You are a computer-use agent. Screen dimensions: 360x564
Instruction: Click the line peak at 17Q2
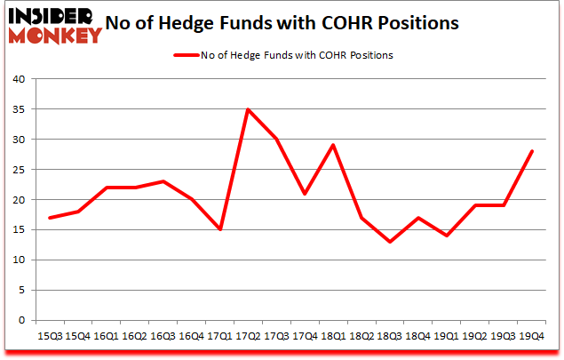[248, 109]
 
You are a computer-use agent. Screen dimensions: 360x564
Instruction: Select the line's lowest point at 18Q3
[390, 242]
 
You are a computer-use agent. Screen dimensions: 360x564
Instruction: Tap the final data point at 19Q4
[532, 151]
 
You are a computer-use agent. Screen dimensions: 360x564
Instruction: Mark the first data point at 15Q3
[49, 218]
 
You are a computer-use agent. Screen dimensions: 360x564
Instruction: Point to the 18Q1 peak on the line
[333, 145]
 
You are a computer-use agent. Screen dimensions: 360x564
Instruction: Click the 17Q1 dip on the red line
[219, 229]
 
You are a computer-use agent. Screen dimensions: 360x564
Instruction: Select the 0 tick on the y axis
[24, 321]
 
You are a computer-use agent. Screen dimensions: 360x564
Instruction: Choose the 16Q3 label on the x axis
[163, 336]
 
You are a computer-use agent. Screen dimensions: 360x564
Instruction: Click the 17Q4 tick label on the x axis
[305, 336]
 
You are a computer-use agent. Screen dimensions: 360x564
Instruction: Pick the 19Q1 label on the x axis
[447, 336]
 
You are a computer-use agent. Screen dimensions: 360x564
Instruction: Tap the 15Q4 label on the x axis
[77, 336]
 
